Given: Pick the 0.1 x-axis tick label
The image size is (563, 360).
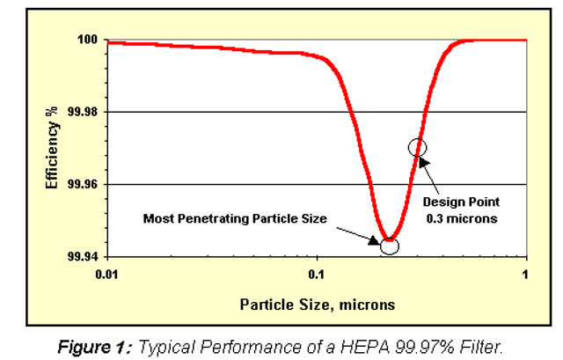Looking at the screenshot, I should [x=318, y=275].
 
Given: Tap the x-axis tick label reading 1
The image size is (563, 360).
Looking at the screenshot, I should [x=526, y=275].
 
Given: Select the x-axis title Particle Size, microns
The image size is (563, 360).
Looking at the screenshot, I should [x=318, y=305].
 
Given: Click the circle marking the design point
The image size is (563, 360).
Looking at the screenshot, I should [x=418, y=148].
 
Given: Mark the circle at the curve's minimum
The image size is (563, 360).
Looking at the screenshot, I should [x=388, y=246].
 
